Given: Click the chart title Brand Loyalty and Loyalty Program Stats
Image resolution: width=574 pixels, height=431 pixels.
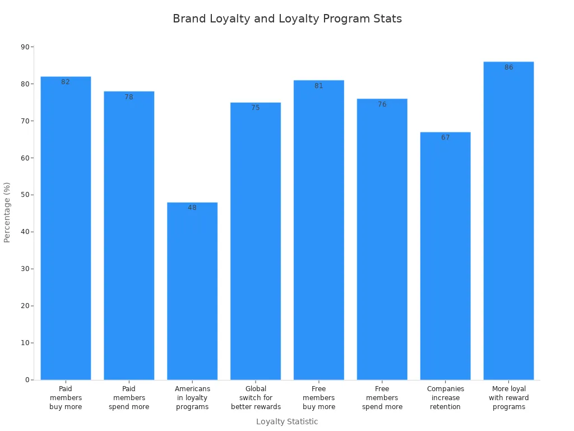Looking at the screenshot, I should click(287, 19).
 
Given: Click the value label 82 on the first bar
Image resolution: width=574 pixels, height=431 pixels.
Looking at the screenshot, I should click(66, 82).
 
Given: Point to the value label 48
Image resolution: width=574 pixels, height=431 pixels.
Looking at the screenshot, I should click(192, 208).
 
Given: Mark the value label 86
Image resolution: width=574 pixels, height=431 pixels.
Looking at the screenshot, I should click(508, 67).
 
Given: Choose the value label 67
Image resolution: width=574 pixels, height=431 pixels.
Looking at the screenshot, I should click(445, 137).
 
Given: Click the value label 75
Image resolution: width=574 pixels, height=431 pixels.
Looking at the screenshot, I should click(256, 108).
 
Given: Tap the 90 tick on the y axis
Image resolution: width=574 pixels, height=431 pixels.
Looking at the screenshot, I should click(25, 47).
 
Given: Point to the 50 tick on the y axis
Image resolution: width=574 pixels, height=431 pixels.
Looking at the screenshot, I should click(25, 195).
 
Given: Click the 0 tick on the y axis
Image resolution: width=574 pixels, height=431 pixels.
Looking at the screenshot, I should click(26, 380).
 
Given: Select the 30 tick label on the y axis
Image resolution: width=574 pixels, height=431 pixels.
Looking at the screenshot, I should click(25, 269).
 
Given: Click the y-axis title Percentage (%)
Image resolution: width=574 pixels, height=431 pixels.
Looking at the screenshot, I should click(7, 212).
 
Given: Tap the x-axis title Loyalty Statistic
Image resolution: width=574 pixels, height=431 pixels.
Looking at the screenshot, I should click(287, 421).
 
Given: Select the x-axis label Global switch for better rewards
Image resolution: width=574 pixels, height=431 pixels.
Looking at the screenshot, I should click(256, 398).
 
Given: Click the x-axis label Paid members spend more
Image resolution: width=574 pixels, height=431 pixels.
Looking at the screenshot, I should click(129, 398).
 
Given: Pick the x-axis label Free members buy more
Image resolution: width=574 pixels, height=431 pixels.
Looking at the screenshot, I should click(319, 398).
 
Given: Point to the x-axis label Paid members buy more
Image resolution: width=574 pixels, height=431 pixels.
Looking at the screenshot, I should click(66, 398).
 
